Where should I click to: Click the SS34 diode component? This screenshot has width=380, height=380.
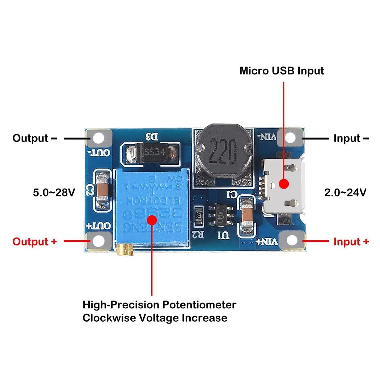tap(152, 152)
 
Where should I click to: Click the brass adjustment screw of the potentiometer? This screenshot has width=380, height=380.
tap(123, 249)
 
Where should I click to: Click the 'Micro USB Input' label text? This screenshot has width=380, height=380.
tap(282, 71)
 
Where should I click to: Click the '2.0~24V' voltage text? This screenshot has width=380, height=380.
tap(345, 193)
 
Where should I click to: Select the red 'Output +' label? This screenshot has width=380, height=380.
tap(35, 241)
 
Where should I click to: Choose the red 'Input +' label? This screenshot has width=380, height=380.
tap(351, 241)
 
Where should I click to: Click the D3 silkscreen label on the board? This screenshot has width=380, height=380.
tap(152, 137)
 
